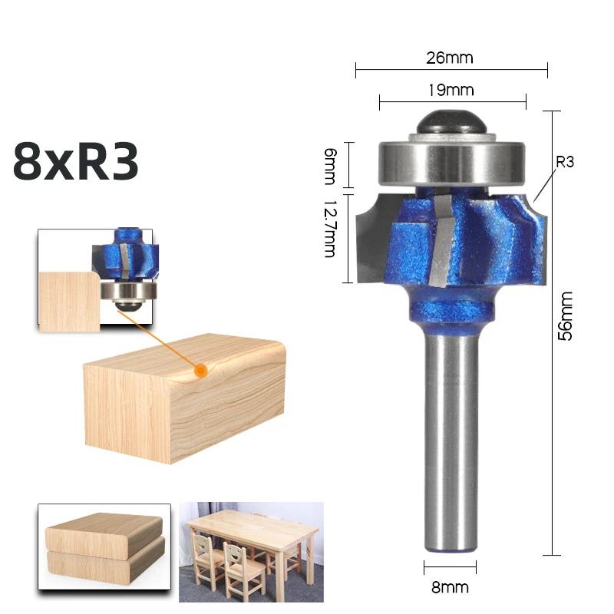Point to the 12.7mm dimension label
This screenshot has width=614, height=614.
coord(330,229)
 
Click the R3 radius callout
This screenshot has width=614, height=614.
coord(565,162)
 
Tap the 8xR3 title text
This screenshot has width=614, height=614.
coord(75,162)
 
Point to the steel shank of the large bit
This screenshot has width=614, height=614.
coord(451,445)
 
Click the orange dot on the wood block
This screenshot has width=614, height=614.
coord(201,370)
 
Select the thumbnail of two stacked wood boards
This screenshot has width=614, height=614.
coord(104,552)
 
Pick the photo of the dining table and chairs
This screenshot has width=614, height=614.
coord(251,552)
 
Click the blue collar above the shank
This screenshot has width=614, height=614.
coord(449,311)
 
